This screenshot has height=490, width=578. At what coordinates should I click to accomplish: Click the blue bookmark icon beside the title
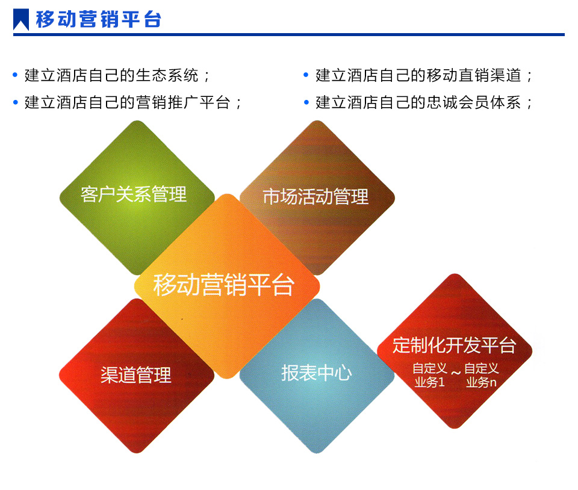click(x=21, y=19)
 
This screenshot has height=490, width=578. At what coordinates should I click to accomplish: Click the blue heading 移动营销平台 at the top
click(x=99, y=19)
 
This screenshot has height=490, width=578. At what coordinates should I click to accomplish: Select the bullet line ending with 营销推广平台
click(x=132, y=102)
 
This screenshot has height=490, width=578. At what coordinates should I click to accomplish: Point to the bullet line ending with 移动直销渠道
click(x=423, y=75)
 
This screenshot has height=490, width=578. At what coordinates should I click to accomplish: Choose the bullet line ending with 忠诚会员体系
click(x=423, y=102)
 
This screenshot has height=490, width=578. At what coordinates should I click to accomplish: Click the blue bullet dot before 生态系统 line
click(x=15, y=75)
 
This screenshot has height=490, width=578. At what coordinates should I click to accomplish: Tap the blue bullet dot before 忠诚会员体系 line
click(x=306, y=102)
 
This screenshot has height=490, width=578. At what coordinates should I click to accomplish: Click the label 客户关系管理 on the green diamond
click(x=134, y=194)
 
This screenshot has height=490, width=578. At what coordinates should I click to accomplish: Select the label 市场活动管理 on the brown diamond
click(x=315, y=196)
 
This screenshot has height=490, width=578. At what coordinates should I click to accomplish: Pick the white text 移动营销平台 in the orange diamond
click(x=224, y=284)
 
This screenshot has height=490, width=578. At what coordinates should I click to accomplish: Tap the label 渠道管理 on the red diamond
click(x=136, y=374)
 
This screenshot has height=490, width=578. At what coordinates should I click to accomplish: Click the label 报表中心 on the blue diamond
click(x=317, y=373)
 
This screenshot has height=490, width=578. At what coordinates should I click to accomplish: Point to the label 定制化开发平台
click(x=454, y=345)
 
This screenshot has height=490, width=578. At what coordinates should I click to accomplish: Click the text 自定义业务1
click(x=430, y=375)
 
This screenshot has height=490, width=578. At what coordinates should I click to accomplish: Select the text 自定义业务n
click(x=482, y=375)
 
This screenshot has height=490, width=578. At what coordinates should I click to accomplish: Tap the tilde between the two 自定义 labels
click(x=456, y=373)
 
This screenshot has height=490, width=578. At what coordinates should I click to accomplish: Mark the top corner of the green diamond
click(x=137, y=121)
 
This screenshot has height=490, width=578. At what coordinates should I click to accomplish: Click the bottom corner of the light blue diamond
click(x=317, y=453)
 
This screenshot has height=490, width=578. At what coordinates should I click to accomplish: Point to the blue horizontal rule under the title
click(x=289, y=35)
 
